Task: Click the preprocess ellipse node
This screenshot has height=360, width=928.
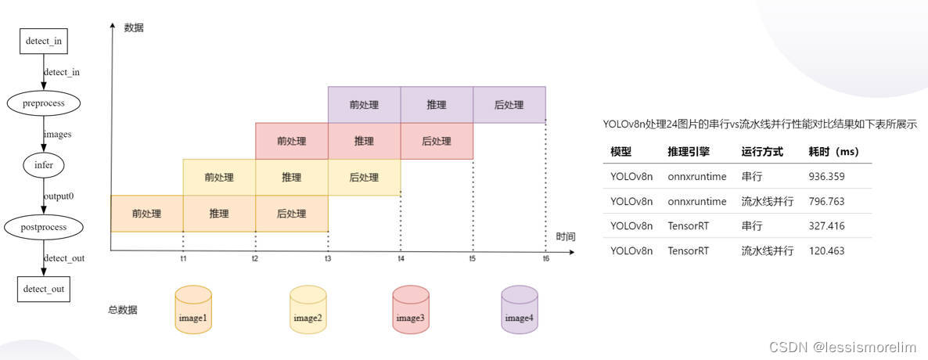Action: [x=43, y=103]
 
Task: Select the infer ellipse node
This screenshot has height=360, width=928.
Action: [x=43, y=165]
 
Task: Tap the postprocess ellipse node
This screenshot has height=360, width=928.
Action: [x=43, y=227]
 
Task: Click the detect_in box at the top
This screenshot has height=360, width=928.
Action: [x=43, y=41]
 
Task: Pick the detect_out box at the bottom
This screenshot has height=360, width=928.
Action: [x=43, y=290]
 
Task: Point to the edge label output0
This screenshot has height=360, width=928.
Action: [x=59, y=196]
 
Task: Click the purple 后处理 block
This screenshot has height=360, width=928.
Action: [x=509, y=105]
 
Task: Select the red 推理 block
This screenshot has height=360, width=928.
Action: [x=364, y=142]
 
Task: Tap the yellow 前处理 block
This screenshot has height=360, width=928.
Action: [x=219, y=178]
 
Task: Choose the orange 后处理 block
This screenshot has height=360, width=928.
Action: [x=292, y=214]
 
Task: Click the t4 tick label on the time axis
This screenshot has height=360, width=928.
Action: [x=401, y=258]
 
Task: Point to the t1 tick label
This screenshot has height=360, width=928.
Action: [x=183, y=258]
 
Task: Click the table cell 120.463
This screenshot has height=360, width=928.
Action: [x=825, y=250]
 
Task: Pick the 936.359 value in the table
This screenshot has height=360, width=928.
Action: [x=826, y=176]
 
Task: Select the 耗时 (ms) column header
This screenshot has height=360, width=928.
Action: [x=833, y=151]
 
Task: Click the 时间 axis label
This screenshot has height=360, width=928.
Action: [x=566, y=236]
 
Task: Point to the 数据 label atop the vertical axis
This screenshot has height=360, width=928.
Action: [x=134, y=27]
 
